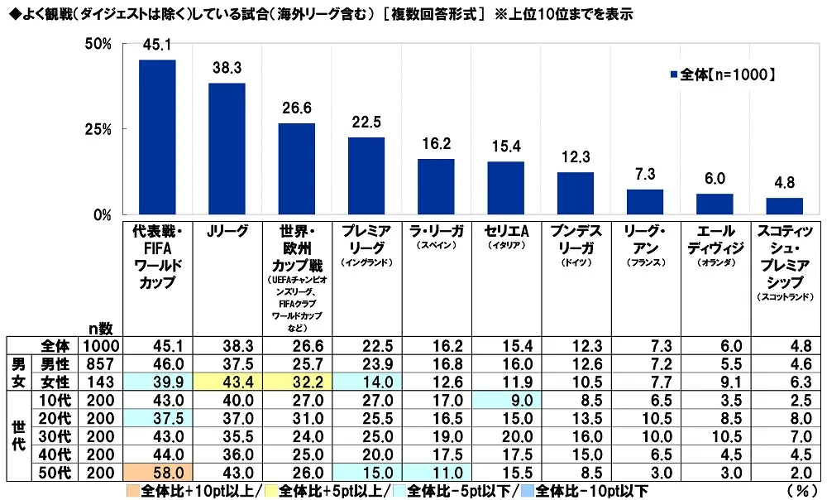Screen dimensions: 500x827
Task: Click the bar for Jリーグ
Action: (227, 149)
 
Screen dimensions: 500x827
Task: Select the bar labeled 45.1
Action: (157, 137)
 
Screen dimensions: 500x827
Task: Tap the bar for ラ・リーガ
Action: (436, 187)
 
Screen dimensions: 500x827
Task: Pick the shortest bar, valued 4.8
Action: (784, 206)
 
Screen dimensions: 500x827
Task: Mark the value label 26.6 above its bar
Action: (296, 108)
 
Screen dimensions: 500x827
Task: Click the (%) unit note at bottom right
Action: (801, 489)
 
